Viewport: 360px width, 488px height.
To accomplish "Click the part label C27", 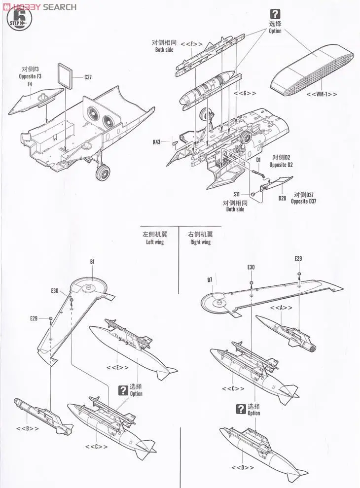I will (x=88, y=77).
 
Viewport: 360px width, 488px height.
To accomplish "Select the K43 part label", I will (x=157, y=142).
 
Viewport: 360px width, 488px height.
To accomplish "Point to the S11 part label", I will (x=236, y=194).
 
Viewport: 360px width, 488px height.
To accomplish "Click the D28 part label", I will (x=283, y=198).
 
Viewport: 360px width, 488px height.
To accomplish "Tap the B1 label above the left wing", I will (x=92, y=262).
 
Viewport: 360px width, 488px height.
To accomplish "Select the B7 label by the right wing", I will (x=210, y=279).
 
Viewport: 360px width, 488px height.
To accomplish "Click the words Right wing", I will (x=200, y=242).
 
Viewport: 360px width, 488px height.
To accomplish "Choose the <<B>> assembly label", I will (x=29, y=428).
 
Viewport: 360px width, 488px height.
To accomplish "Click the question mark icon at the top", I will (x=275, y=14).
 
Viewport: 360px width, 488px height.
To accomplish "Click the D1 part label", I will (x=258, y=160).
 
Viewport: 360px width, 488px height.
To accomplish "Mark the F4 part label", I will (x=30, y=84).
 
